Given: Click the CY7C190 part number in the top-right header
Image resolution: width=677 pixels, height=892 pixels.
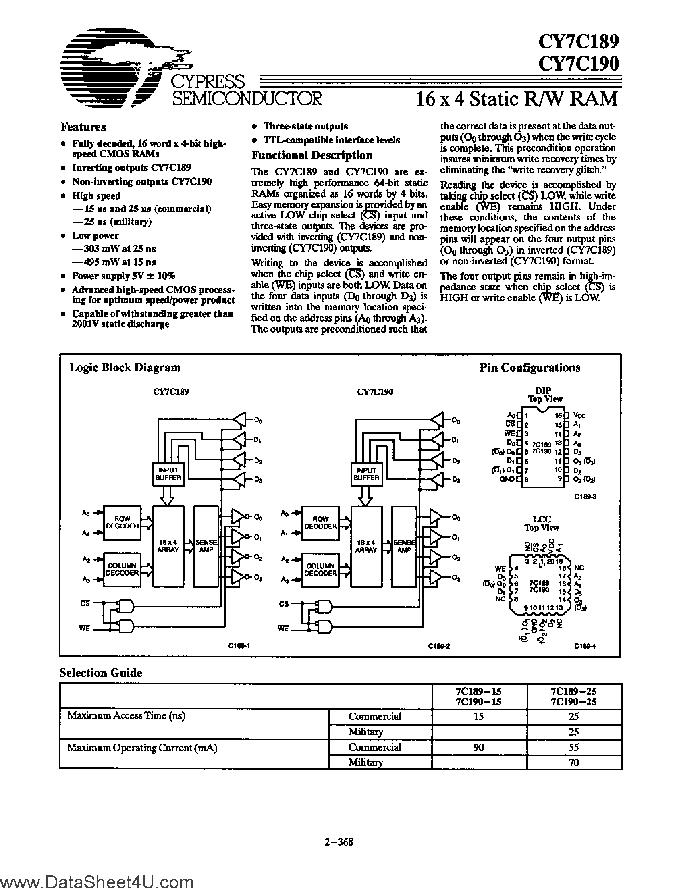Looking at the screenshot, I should (x=578, y=63).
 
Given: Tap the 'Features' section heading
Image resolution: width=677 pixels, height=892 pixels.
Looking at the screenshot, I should (x=83, y=127).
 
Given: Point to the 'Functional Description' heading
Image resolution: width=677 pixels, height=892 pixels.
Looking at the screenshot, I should (x=312, y=155).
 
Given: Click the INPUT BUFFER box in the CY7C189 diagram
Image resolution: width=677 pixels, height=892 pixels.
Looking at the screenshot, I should (x=168, y=474).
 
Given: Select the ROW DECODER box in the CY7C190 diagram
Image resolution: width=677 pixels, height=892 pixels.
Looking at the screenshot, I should (x=320, y=523).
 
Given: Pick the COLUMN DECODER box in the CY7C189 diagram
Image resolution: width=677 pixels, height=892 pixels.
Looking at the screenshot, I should (x=122, y=569).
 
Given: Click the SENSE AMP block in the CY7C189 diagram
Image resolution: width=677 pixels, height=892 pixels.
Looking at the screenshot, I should (x=206, y=546).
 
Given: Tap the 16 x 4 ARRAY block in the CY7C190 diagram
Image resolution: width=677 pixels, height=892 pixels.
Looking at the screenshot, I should (x=366, y=546).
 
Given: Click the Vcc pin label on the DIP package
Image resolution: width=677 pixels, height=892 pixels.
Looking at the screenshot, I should (x=579, y=415).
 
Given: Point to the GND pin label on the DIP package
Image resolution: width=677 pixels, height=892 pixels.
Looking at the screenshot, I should (x=507, y=479).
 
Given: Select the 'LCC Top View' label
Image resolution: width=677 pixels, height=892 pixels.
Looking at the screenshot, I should (x=542, y=524).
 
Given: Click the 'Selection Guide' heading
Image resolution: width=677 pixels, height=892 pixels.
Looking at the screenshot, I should (x=101, y=673).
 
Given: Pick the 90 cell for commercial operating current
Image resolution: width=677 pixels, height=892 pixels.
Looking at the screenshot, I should (x=479, y=747).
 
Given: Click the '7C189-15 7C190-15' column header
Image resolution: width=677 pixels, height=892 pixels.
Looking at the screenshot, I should (x=479, y=697).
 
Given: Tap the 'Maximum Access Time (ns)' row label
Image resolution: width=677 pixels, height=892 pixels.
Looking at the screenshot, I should (x=126, y=716).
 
